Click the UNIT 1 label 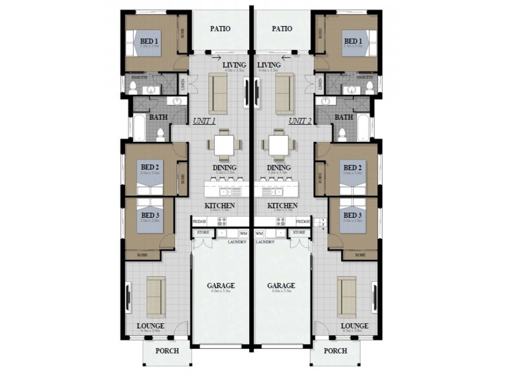(204, 120)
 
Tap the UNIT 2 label (299, 120)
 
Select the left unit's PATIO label (219, 28)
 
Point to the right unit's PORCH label (335, 350)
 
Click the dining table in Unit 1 (224, 145)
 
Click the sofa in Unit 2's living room (284, 93)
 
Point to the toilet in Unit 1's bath (160, 133)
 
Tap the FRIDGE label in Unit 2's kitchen (303, 222)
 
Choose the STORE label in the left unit (203, 233)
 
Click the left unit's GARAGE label (221, 286)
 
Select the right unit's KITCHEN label (283, 206)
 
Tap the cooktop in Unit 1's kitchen (222, 222)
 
